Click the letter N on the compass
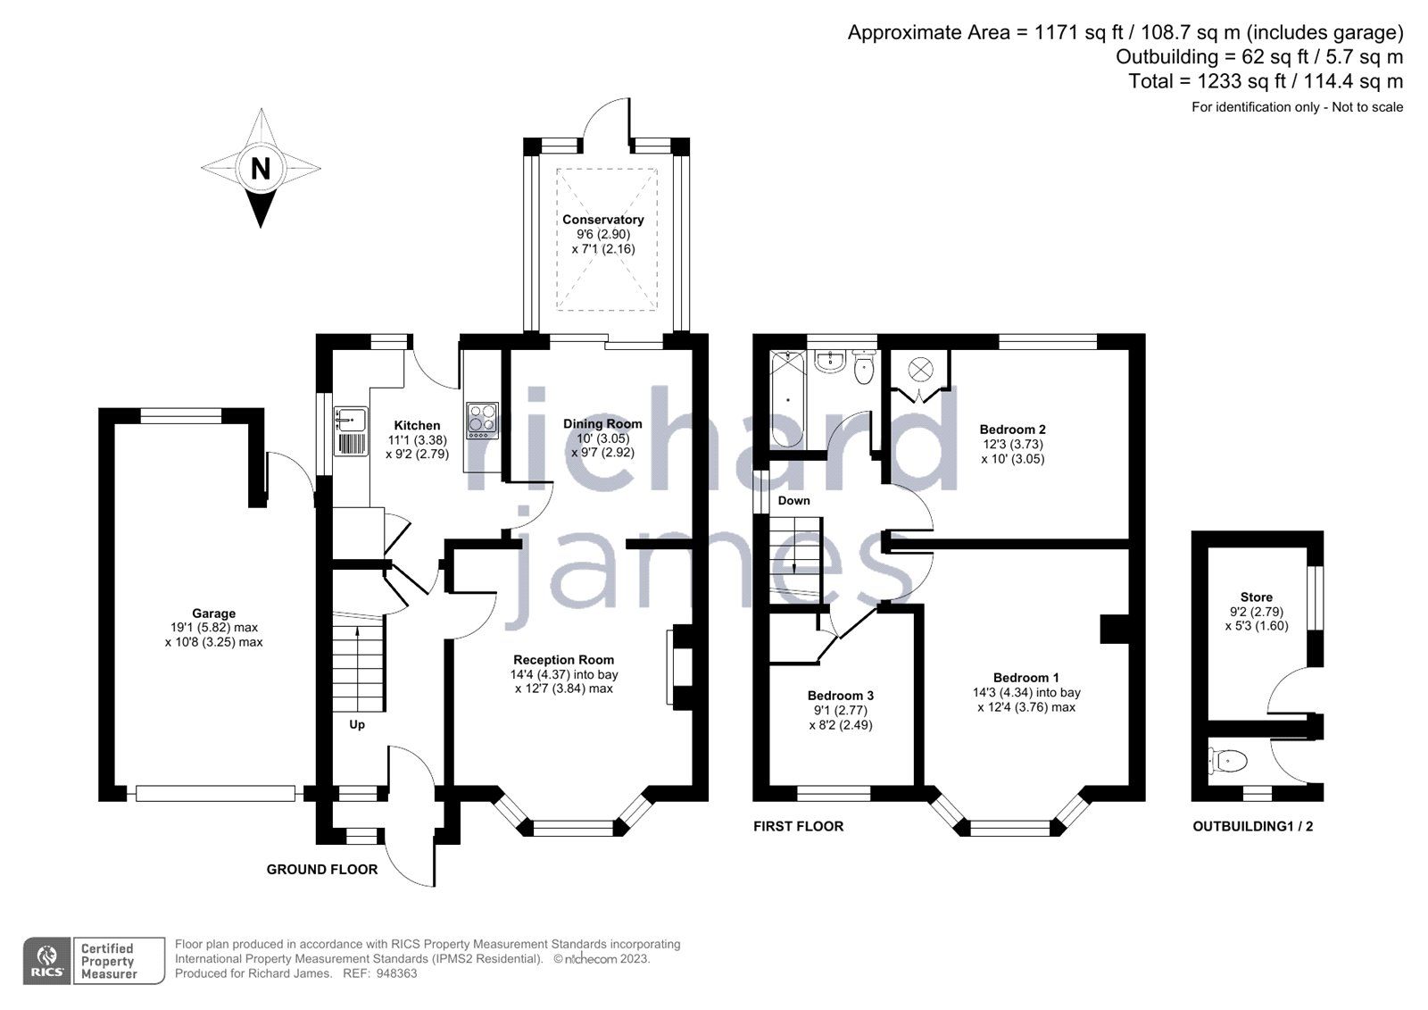click(x=261, y=168)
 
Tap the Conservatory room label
click(x=602, y=220)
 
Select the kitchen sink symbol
click(x=350, y=418)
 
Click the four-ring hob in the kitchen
click(x=482, y=420)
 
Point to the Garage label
click(x=214, y=614)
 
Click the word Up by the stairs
click(x=357, y=724)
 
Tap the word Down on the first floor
click(x=793, y=501)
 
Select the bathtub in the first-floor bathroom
click(x=788, y=400)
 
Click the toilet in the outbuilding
click(x=1228, y=762)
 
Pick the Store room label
click(x=1256, y=597)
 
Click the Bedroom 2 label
click(x=1012, y=430)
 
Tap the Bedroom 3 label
click(x=840, y=696)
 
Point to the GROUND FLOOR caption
click(x=322, y=869)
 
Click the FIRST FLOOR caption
click(x=798, y=826)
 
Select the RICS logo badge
click(x=48, y=961)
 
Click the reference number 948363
click(x=396, y=973)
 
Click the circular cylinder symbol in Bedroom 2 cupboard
click(x=918, y=368)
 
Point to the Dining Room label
click(x=602, y=424)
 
